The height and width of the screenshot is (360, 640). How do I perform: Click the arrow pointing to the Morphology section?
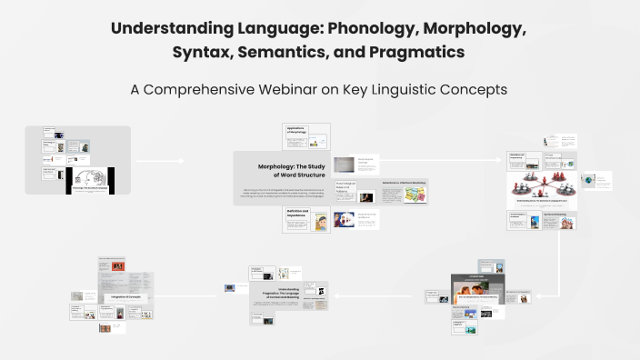(x=182, y=162)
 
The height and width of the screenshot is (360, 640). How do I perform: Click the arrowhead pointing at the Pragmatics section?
(x=337, y=295)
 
